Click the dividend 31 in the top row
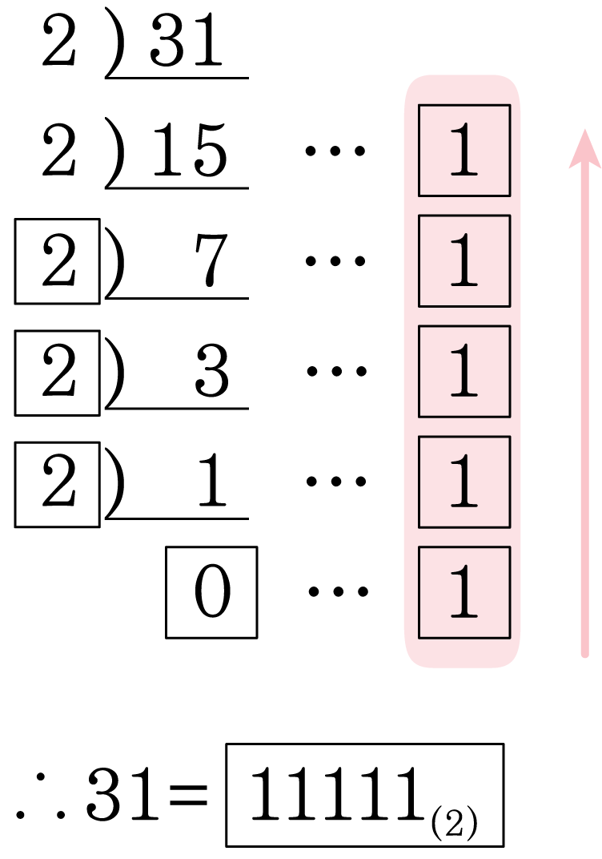coord(186,41)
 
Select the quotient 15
coord(190,150)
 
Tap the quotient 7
coord(211,260)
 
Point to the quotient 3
coord(212,370)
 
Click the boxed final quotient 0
coord(212,592)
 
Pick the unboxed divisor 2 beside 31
coord(58,41)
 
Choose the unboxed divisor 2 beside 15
coord(58,150)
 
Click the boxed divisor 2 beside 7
coord(58,260)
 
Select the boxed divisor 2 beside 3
coord(58,373)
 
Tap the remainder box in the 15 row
coord(464,150)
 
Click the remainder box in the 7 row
coord(464,260)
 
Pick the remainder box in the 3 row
coord(464,372)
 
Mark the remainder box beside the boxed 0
coord(464,592)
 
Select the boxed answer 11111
coord(364,795)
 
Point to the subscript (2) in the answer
coord(455,825)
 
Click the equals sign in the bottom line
coord(189,794)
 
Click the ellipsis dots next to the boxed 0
coord(338,591)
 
